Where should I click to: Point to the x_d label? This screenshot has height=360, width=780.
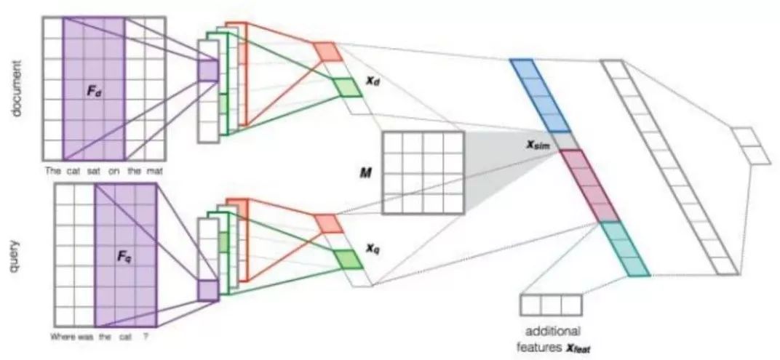click(373, 83)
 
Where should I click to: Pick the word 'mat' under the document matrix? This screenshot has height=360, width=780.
click(156, 172)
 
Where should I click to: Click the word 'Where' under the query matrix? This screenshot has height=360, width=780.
click(63, 336)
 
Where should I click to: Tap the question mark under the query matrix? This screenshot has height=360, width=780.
click(147, 336)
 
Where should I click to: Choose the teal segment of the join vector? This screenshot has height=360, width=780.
click(624, 249)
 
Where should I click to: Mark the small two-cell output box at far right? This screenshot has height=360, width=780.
click(749, 146)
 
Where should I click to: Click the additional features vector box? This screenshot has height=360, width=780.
click(551, 305)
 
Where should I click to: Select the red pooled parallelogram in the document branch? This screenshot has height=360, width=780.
click(327, 51)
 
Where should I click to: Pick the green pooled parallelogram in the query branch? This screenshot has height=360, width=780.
click(347, 259)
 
